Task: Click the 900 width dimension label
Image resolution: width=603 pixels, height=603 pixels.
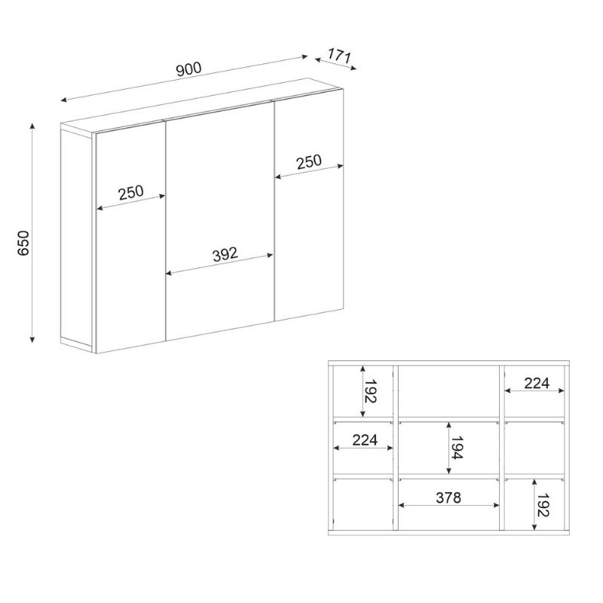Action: tap(189, 69)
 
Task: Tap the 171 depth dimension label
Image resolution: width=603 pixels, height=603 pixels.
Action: tap(340, 56)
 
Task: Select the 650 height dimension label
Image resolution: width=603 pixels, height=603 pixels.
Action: tap(23, 243)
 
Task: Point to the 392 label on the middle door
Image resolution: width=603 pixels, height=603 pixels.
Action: tap(225, 254)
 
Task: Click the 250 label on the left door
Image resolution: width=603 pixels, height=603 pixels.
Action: tap(131, 193)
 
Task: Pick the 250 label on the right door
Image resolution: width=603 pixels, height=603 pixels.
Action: tap(309, 162)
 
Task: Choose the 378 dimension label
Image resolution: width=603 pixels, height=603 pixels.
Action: tap(448, 497)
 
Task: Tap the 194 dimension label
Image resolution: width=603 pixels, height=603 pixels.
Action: tap(457, 448)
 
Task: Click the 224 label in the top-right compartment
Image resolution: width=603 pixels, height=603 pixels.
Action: tap(537, 383)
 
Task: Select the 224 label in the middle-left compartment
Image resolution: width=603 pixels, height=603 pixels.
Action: tap(365, 440)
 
